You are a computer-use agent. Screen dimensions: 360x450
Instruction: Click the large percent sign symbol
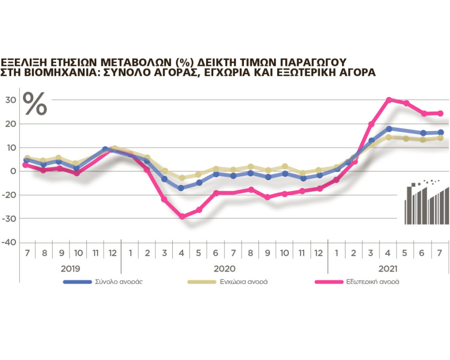point(35,104)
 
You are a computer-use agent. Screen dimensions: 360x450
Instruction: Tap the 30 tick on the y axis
point(10,100)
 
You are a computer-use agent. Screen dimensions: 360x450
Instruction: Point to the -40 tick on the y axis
point(9,242)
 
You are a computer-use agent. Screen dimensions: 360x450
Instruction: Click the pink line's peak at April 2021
point(389,100)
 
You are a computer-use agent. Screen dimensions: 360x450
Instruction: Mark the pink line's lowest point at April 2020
point(182,216)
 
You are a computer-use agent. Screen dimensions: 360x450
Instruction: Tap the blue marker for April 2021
point(389,129)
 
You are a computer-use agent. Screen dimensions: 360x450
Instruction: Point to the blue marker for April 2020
point(182,188)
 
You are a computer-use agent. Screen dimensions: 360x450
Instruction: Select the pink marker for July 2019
point(26,165)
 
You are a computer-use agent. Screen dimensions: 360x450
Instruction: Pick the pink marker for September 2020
point(267,197)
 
